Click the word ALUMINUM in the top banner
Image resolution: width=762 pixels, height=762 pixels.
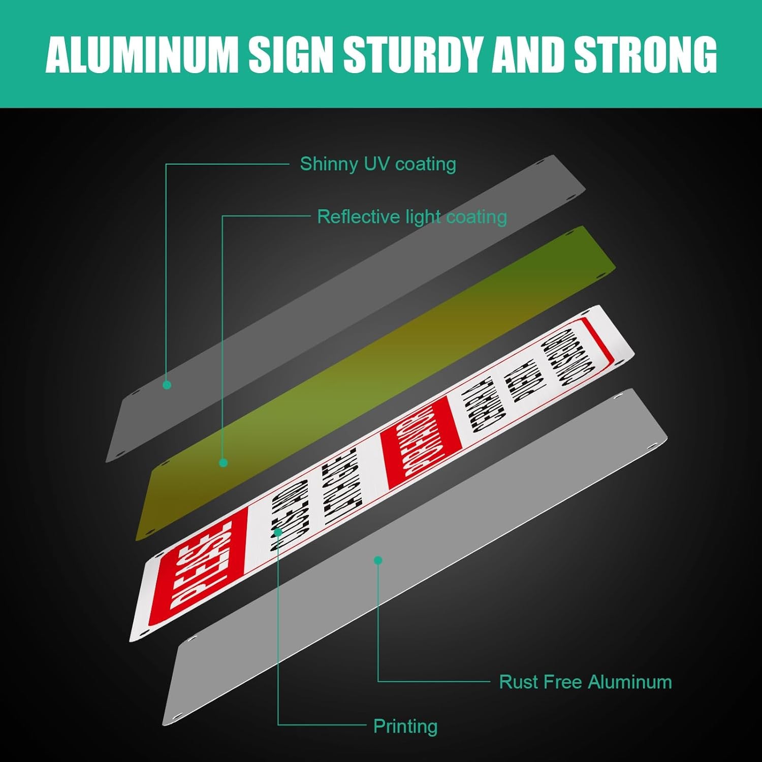(x=142, y=54)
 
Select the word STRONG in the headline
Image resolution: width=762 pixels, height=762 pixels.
(x=645, y=54)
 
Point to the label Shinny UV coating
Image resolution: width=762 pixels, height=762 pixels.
(x=377, y=164)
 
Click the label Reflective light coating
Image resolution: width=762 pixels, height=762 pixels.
(x=412, y=217)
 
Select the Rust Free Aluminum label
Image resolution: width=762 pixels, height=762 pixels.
(x=585, y=682)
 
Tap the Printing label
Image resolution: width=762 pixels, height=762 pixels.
(x=405, y=726)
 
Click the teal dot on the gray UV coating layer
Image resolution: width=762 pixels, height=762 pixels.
(x=167, y=385)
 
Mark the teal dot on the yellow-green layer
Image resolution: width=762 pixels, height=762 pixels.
(x=223, y=462)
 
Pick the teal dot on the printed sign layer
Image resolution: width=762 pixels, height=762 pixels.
(x=278, y=532)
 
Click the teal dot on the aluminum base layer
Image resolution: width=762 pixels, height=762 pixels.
(x=378, y=560)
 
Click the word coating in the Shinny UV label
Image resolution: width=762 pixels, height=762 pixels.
(x=426, y=164)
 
